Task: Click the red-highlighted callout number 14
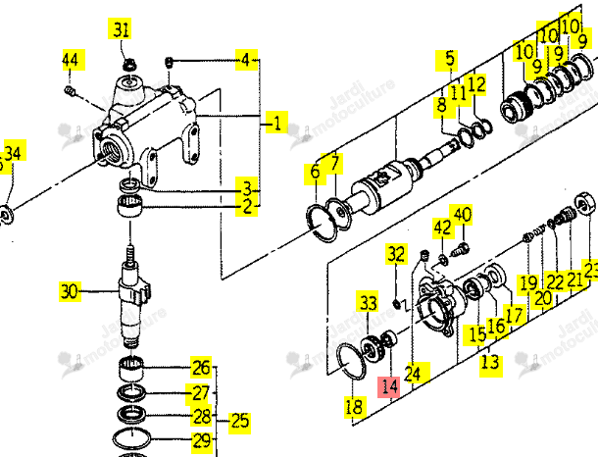coord(389,386)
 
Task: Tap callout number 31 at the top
coord(121,28)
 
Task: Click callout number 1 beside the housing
coord(276,123)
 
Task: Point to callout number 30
coord(70,292)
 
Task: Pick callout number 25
coord(239,422)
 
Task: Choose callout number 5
coord(449,59)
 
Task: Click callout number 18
coord(354,407)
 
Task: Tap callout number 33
coord(368,302)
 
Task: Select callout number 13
coord(490,362)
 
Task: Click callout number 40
coord(461,215)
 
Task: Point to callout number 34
coord(14,153)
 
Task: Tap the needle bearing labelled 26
coord(131,368)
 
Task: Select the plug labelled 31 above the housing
coord(129,64)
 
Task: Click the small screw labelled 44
coord(70,90)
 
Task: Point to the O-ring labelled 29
coord(131,439)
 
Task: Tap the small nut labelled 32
coord(396,304)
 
